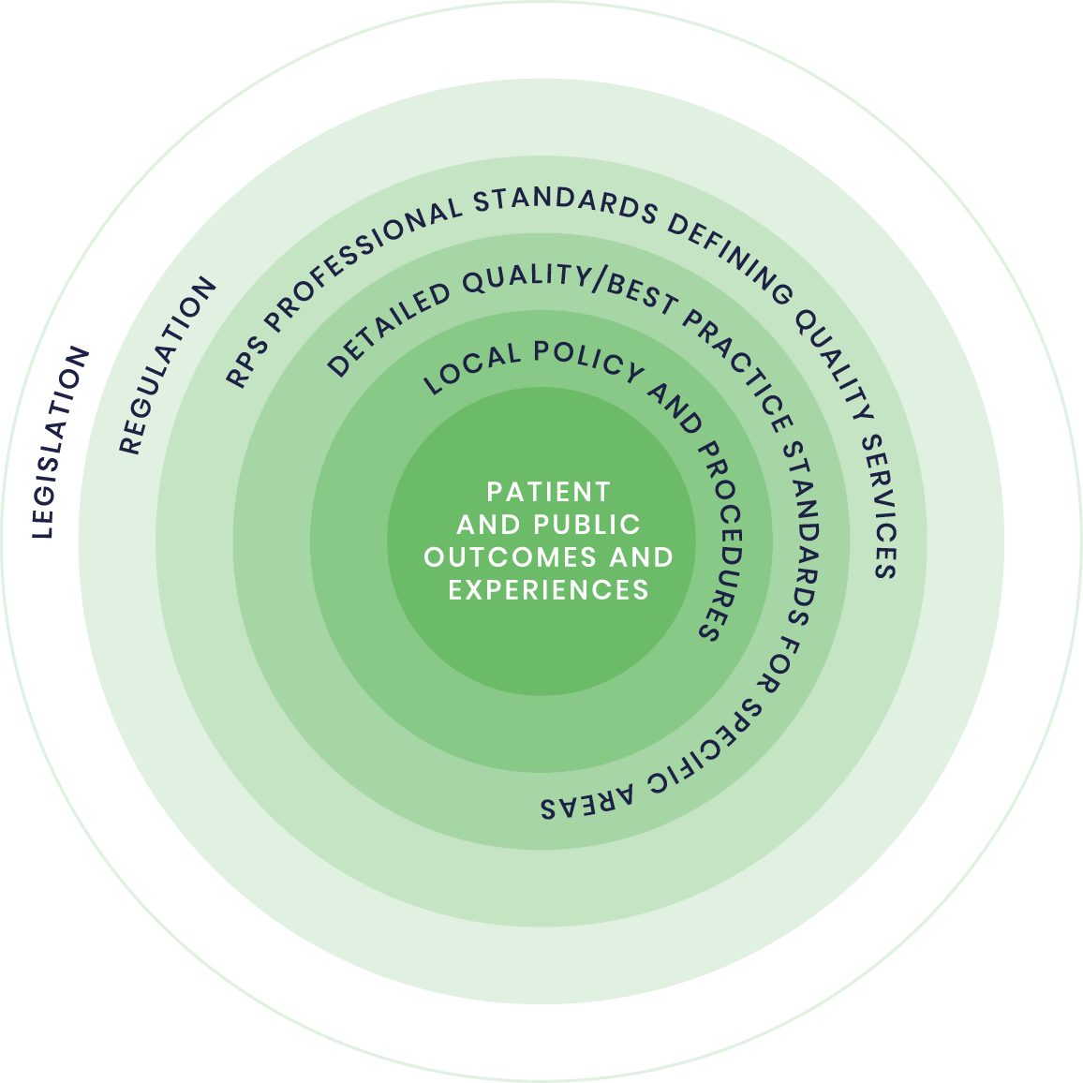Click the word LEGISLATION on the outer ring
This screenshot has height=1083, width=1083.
point(62,443)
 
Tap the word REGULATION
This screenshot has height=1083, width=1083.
point(167,366)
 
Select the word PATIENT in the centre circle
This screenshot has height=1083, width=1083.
point(548,492)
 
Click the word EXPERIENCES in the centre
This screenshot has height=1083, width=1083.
point(548,590)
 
